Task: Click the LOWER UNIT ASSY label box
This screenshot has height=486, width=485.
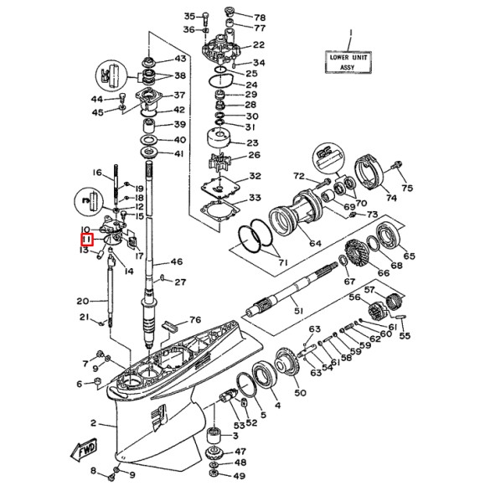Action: click(350, 61)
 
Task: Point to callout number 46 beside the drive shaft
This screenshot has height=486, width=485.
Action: click(176, 262)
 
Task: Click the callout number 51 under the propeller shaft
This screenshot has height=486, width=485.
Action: click(297, 311)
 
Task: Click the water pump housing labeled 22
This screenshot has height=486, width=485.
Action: click(221, 44)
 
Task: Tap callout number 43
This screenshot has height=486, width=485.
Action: click(179, 59)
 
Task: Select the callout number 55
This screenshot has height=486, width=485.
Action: click(405, 336)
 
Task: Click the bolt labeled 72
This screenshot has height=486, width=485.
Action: click(322, 180)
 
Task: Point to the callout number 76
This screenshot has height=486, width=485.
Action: click(195, 319)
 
